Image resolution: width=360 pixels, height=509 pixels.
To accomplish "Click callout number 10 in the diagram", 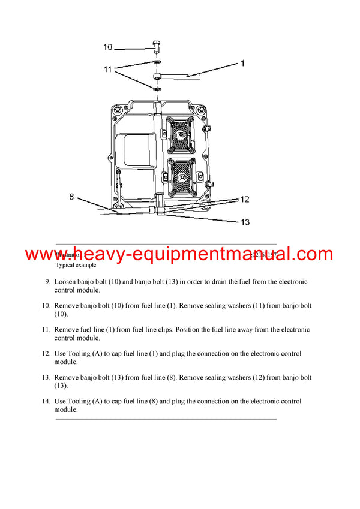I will pyautogui.click(x=108, y=47).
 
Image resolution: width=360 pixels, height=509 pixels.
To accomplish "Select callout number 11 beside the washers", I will pyautogui.click(x=107, y=70).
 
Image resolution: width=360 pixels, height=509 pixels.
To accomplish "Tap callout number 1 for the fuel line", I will pyautogui.click(x=242, y=62).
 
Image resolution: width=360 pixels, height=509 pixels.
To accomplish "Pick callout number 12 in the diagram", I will pyautogui.click(x=244, y=200).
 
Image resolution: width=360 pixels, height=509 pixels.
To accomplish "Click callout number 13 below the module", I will pyautogui.click(x=245, y=222).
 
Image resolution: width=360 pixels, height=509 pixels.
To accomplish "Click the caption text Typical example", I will pyautogui.click(x=76, y=264).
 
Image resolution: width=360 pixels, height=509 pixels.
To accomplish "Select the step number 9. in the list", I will pyautogui.click(x=47, y=281).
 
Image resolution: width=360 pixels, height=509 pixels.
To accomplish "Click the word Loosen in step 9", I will pyautogui.click(x=67, y=281).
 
